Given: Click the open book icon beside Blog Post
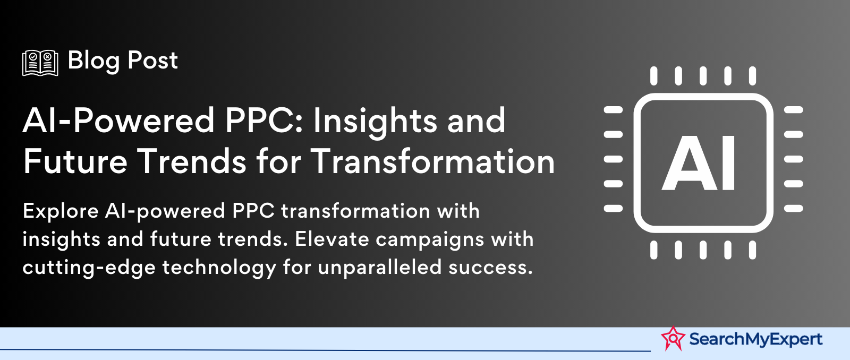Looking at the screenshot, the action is tap(40, 63).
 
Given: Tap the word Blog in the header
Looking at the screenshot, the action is tap(93, 61).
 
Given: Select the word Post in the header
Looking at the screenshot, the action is tap(152, 60).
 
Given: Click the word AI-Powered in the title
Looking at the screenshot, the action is tap(119, 120).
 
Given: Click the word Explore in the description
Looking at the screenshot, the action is tap(61, 211).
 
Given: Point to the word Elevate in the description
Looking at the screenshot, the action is tap(332, 239).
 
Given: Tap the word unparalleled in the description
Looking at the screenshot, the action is tap(380, 267).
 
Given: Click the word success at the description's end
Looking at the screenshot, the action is tap(488, 268).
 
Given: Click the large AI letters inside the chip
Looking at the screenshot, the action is tap(699, 163).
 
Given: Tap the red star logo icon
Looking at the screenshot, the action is tap(673, 338).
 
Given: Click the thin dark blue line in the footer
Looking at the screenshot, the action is tap(325, 350).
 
